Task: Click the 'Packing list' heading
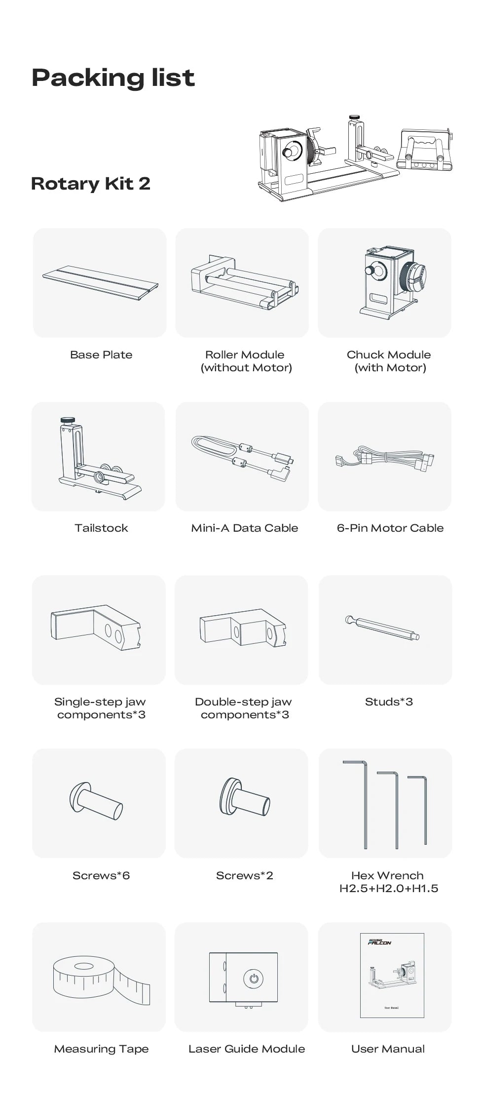(x=113, y=78)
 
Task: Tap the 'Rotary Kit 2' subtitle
(x=90, y=184)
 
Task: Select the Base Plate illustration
(x=100, y=283)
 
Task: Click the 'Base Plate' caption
(x=101, y=354)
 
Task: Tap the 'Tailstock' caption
(x=101, y=528)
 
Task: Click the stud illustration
(x=382, y=627)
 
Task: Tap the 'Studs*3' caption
(x=389, y=702)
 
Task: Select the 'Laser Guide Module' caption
(x=247, y=1049)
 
